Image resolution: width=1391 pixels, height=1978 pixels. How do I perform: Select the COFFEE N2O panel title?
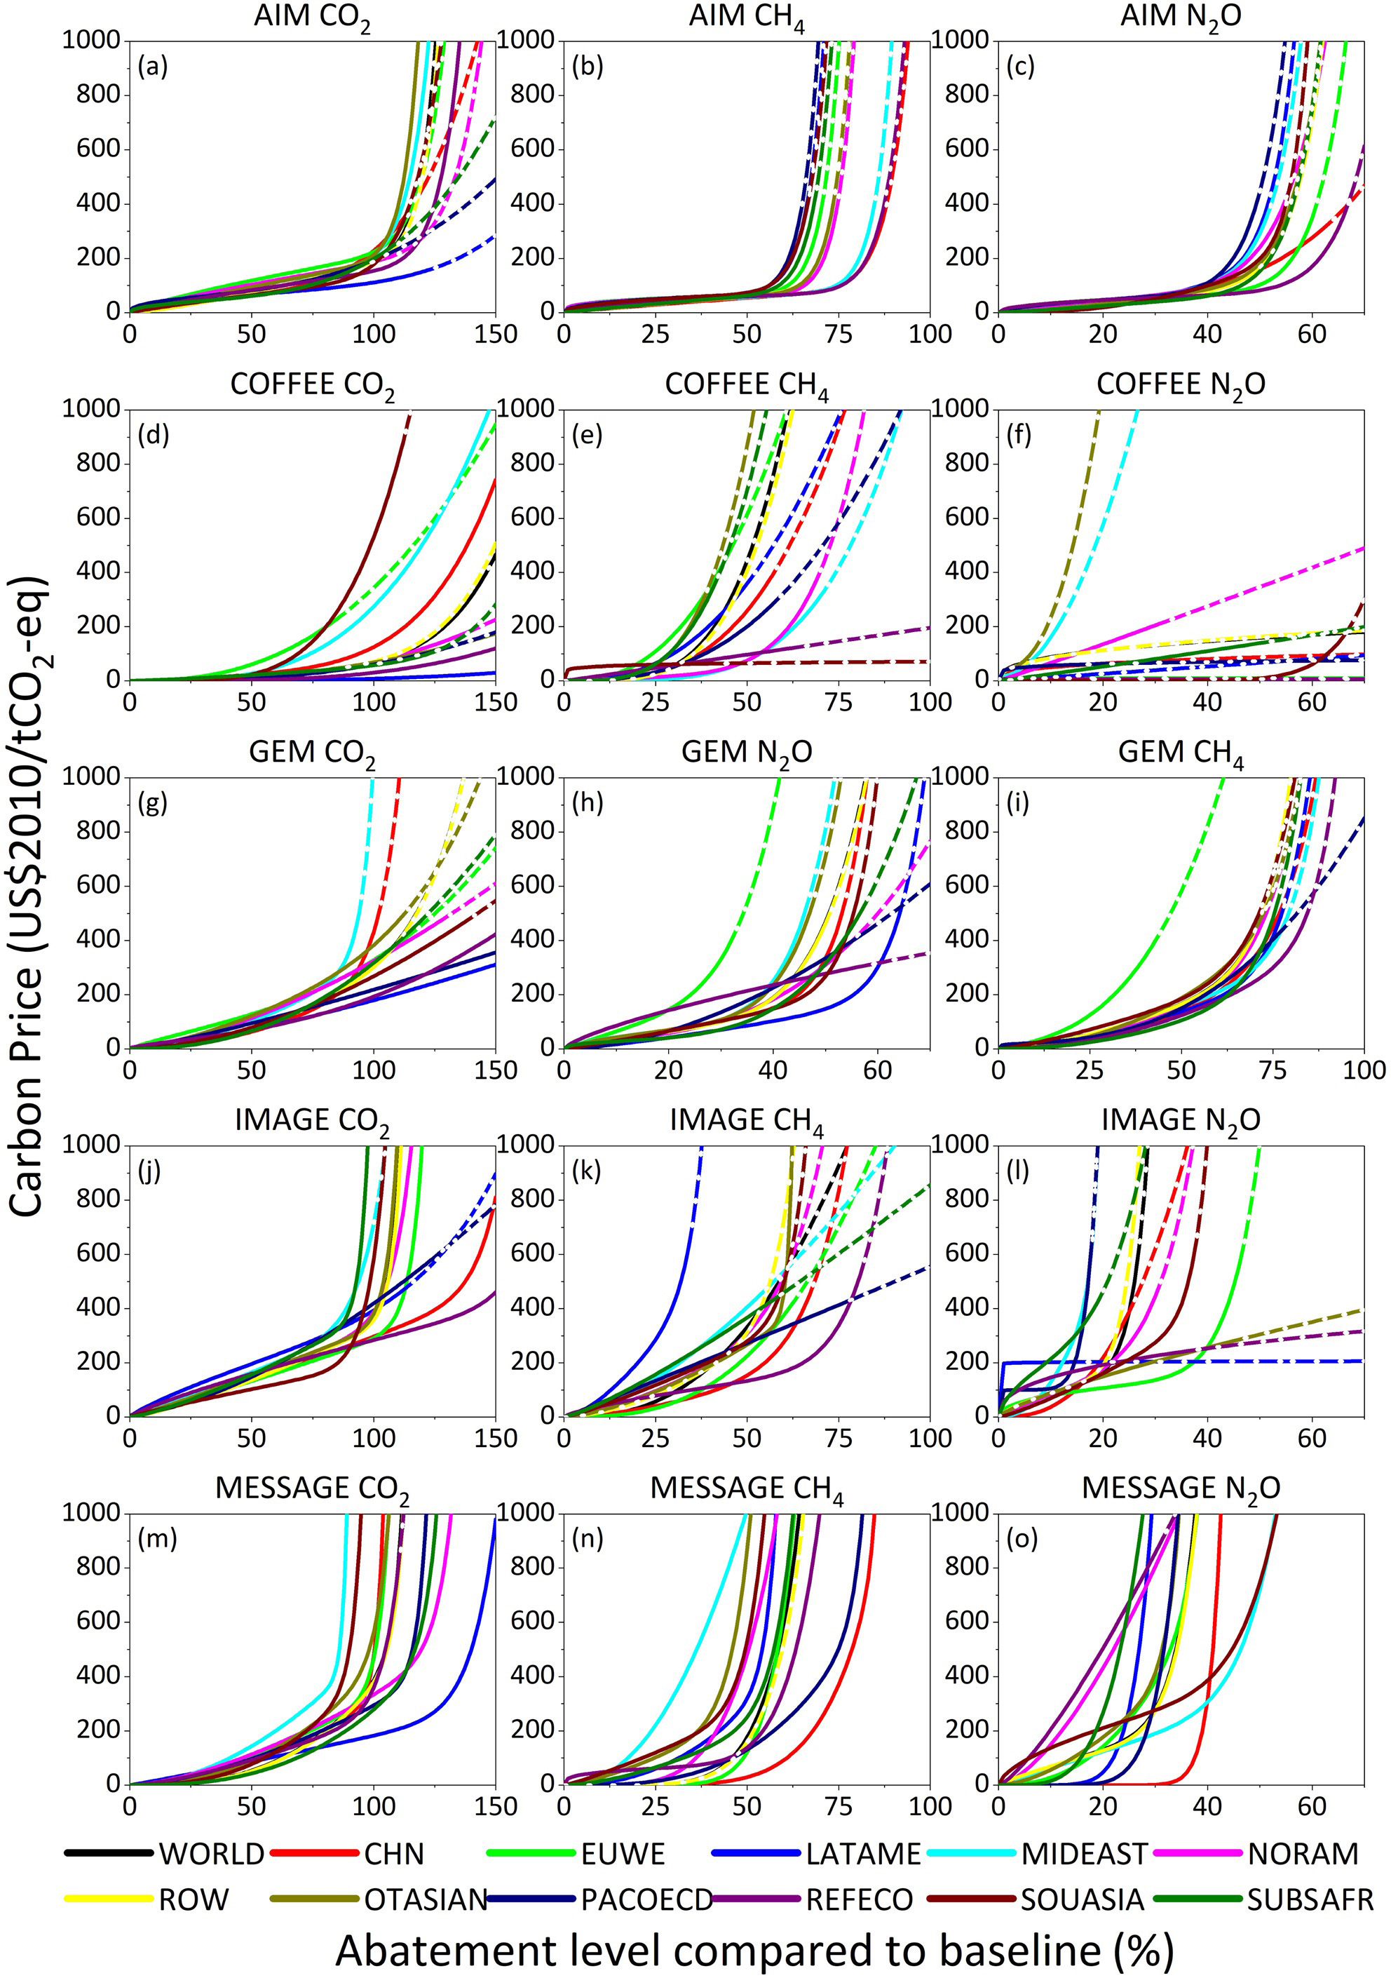pyautogui.click(x=1180, y=385)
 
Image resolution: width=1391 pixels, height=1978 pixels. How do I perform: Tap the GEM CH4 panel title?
pyautogui.click(x=1180, y=753)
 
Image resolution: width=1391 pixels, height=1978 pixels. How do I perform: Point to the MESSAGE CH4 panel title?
pyautogui.click(x=746, y=1488)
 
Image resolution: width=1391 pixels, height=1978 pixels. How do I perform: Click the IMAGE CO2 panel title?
pyautogui.click(x=312, y=1121)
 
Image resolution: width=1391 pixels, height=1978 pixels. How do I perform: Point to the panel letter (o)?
pyautogui.click(x=1022, y=1538)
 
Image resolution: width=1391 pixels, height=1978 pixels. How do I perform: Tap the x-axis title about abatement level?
pyautogui.click(x=754, y=1949)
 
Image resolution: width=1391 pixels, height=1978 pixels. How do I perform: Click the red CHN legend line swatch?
pyautogui.click(x=313, y=1852)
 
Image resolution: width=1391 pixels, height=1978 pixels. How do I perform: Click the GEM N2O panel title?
pyautogui.click(x=746, y=753)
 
